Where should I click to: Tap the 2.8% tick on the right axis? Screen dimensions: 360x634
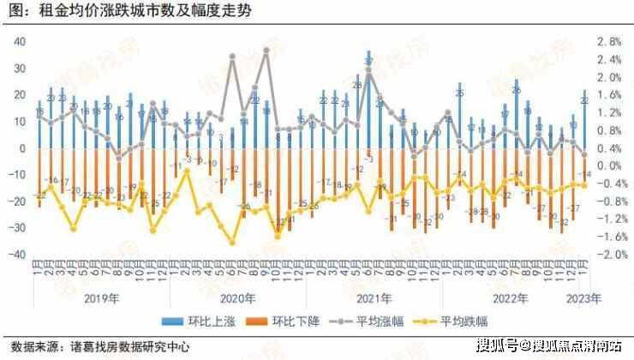tap(609, 41)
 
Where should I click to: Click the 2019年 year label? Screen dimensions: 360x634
tap(100, 299)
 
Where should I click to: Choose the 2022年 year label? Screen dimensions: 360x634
tap(511, 299)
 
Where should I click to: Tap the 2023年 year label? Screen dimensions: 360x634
tap(584, 299)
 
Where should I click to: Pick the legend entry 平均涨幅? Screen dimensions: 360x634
tap(371, 321)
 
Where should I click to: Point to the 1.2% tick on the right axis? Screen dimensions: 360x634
tap(609, 112)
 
